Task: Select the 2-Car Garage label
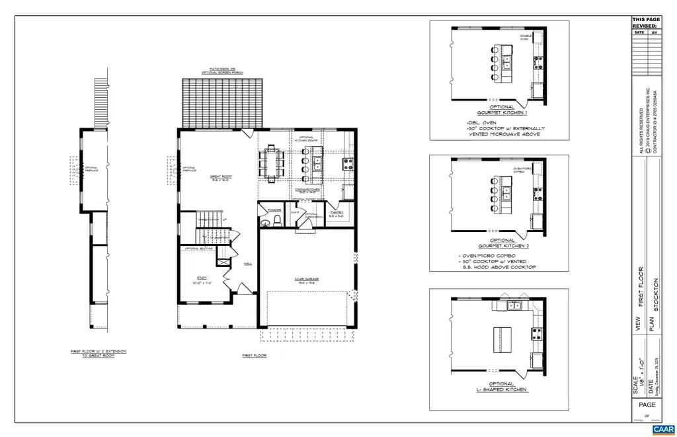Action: pyautogui.click(x=307, y=280)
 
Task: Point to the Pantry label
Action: pyautogui.click(x=336, y=214)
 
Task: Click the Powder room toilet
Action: pyautogui.click(x=277, y=219)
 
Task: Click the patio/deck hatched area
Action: pyautogui.click(x=222, y=102)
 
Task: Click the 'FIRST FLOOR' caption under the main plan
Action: pyautogui.click(x=253, y=356)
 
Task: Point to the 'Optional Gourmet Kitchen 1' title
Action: pyautogui.click(x=501, y=110)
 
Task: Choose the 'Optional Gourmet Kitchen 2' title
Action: pyautogui.click(x=502, y=244)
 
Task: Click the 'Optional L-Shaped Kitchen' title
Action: pyautogui.click(x=502, y=387)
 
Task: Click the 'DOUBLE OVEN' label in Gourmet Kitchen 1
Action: pyautogui.click(x=525, y=38)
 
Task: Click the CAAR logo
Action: pyautogui.click(x=662, y=429)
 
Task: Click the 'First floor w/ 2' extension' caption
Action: pyautogui.click(x=98, y=353)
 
